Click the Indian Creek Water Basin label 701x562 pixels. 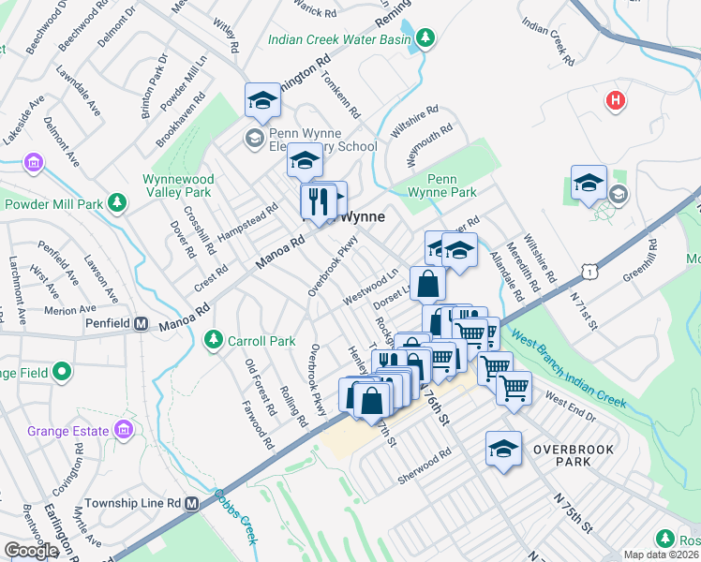tap(339, 39)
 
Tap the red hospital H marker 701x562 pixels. tap(615, 100)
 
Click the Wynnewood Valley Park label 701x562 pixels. tap(179, 185)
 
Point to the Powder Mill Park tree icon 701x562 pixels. tap(117, 202)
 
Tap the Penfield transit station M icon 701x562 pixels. tap(142, 325)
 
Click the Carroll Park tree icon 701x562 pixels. tap(215, 338)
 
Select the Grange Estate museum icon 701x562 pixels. tap(123, 430)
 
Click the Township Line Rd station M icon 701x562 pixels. tap(192, 504)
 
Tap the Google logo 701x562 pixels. tap(31, 551)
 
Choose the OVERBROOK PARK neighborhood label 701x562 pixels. tap(573, 455)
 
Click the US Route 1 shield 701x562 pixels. tap(589, 269)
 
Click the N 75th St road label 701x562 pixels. tap(573, 510)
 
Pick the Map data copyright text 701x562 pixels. tap(662, 555)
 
